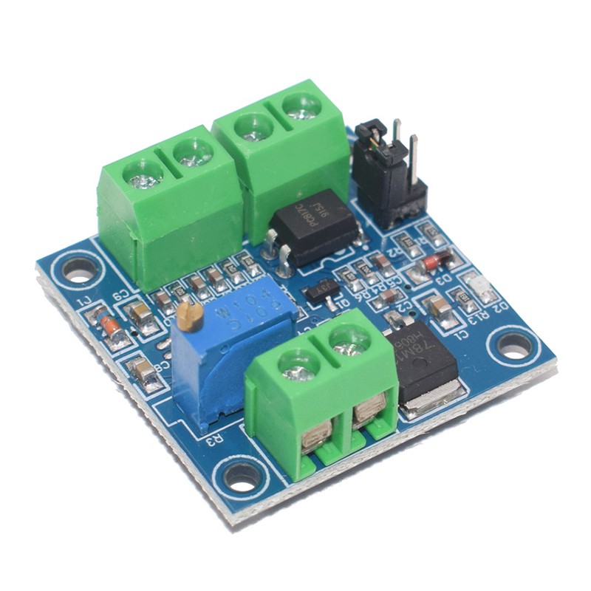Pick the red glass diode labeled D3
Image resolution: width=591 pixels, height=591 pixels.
(x=436, y=263)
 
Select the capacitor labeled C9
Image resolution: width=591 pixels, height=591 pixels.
(x=141, y=315)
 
